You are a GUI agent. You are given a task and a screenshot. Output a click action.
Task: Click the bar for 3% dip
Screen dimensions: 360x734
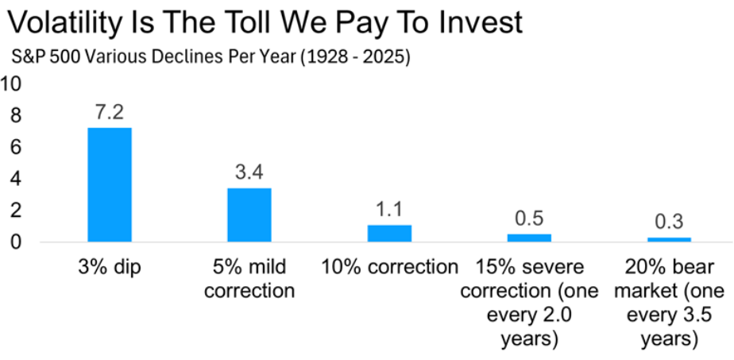click(x=110, y=184)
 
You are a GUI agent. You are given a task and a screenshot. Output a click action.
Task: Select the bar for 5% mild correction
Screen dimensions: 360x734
click(x=249, y=215)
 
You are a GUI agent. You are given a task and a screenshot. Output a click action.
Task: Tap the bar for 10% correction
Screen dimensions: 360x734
click(x=389, y=233)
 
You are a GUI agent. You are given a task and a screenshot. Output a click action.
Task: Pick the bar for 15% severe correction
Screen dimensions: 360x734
click(x=529, y=238)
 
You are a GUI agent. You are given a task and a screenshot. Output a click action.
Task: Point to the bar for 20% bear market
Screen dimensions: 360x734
click(x=669, y=239)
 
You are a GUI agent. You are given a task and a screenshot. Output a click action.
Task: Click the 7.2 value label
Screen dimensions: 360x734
click(x=110, y=112)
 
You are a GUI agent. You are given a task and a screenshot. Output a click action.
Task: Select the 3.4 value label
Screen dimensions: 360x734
click(x=249, y=172)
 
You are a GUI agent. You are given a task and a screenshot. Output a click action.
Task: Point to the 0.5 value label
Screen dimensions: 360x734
click(x=529, y=219)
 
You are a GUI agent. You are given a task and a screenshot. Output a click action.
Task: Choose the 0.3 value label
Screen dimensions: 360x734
click(x=669, y=222)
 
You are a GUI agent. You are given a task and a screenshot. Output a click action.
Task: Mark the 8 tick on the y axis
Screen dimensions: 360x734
click(x=14, y=116)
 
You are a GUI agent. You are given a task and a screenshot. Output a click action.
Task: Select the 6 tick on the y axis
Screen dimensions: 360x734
click(x=14, y=148)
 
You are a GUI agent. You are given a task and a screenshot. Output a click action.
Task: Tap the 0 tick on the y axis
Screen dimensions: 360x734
click(x=14, y=242)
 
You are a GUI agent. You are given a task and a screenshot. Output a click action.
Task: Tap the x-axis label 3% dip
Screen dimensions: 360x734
click(x=110, y=267)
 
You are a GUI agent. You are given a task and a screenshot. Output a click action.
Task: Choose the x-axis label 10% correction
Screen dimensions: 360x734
click(x=389, y=267)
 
